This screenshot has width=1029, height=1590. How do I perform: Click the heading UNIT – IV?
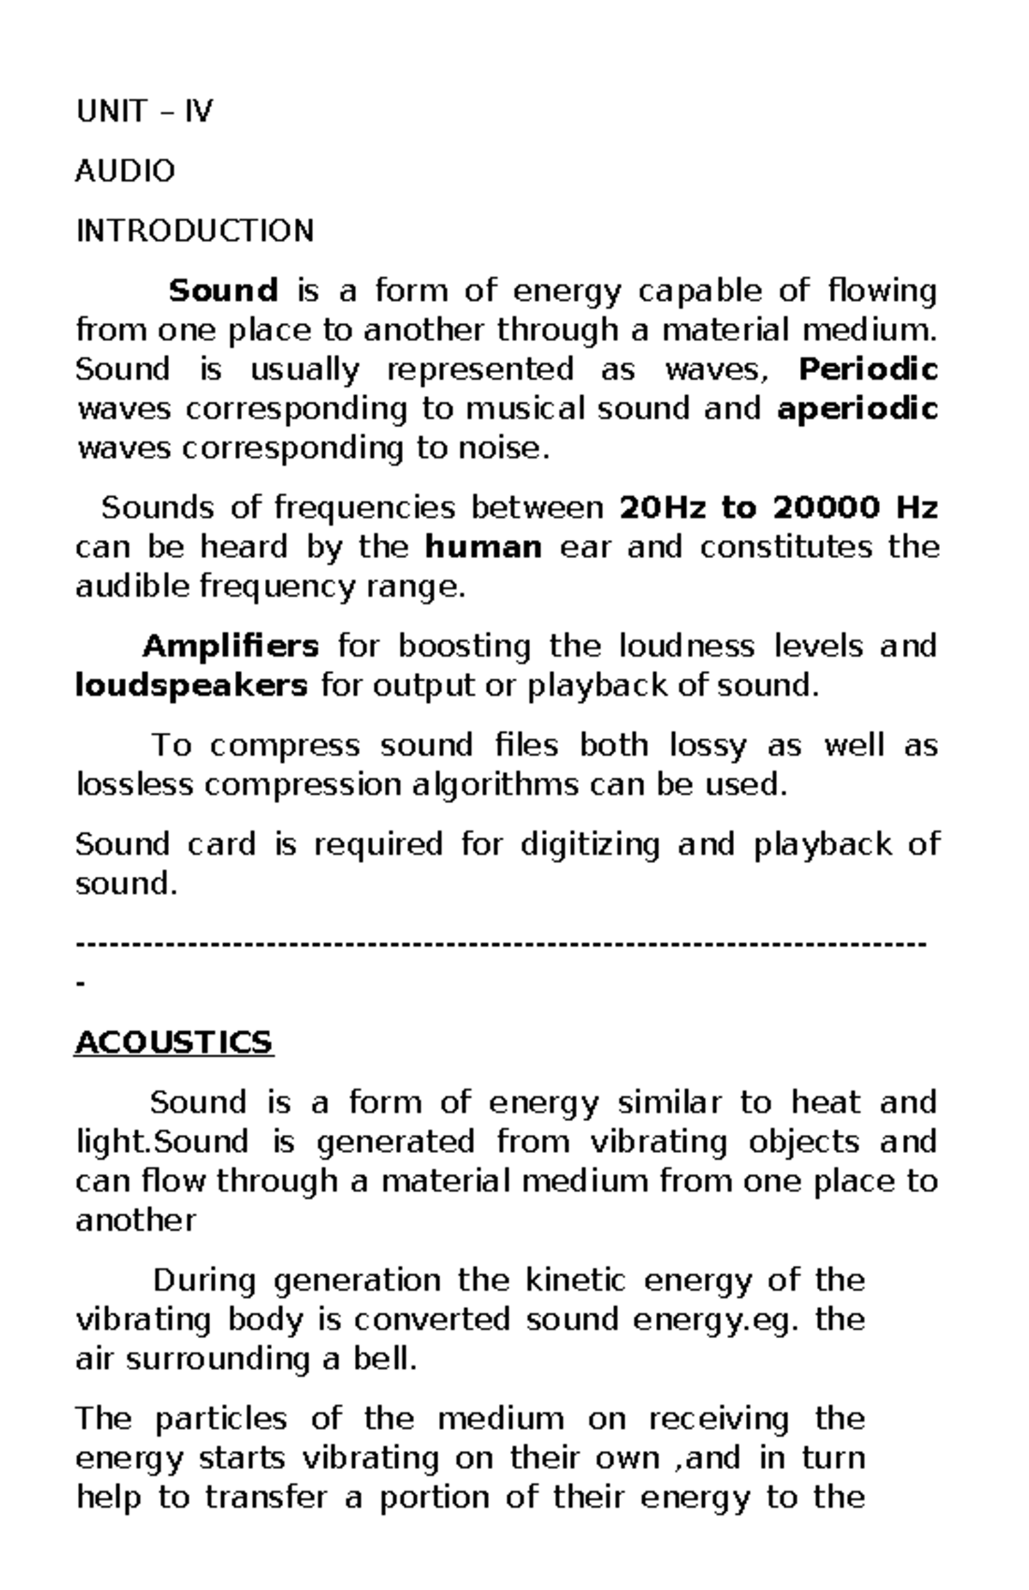pos(144,111)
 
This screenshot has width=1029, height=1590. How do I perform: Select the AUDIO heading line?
pos(125,171)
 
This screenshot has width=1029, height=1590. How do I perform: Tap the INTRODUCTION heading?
pos(195,231)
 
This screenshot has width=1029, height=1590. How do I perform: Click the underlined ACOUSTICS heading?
pos(174,1042)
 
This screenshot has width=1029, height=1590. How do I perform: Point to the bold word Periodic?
pos(868,369)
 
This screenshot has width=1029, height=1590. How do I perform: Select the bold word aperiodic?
pos(857,409)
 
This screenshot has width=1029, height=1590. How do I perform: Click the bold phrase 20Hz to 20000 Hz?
pos(778,508)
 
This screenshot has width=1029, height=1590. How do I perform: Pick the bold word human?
pos(484,547)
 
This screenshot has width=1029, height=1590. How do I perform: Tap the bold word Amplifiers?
pos(231,645)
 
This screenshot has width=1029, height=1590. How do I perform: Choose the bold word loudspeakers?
pos(191,686)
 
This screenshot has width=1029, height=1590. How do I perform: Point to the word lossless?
pos(134,785)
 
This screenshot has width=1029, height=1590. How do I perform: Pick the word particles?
pos(220,1419)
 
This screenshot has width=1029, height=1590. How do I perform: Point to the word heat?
pos(825,1102)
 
